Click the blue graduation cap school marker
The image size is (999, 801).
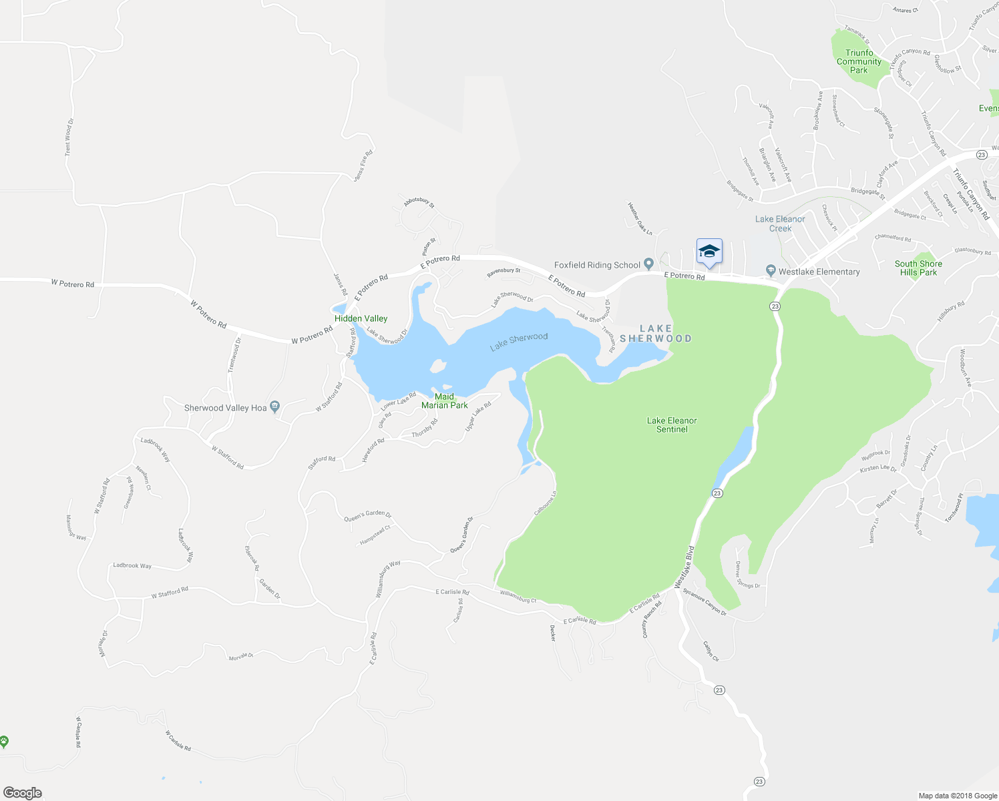pos(709,252)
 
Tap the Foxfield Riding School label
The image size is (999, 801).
pos(597,265)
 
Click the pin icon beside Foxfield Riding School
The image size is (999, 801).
pos(648,265)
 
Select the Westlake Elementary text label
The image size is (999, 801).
pos(819,272)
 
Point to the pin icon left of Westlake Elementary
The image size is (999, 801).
pos(771,271)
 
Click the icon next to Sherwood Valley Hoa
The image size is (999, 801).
pos(275,407)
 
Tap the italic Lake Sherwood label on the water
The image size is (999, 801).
pos(519,342)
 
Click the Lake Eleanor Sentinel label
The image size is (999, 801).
pos(672,425)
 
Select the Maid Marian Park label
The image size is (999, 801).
pos(444,401)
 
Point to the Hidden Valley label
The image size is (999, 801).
pos(361,318)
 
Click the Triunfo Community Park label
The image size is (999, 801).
pos(859,61)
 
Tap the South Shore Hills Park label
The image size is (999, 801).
pos(918,268)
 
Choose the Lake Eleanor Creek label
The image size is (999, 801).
pos(780,224)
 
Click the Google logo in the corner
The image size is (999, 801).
pos(23,793)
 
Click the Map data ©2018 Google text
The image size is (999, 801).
pos(958,796)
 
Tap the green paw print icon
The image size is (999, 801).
pos(4,741)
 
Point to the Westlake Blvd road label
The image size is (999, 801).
pos(684,567)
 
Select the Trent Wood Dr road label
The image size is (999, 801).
pos(68,138)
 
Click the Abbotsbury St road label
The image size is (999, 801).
pos(419,202)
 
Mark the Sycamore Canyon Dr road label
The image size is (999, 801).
pos(705,601)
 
